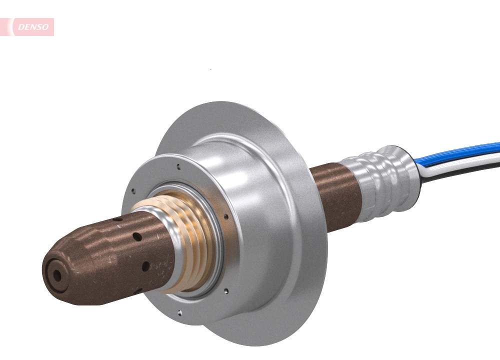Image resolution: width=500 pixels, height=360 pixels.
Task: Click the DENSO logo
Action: [33, 27]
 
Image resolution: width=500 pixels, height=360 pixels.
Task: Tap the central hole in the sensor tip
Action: [57, 274]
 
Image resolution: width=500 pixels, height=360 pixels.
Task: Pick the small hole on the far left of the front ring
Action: [133, 190]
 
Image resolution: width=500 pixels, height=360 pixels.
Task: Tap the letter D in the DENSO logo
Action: [20, 27]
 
